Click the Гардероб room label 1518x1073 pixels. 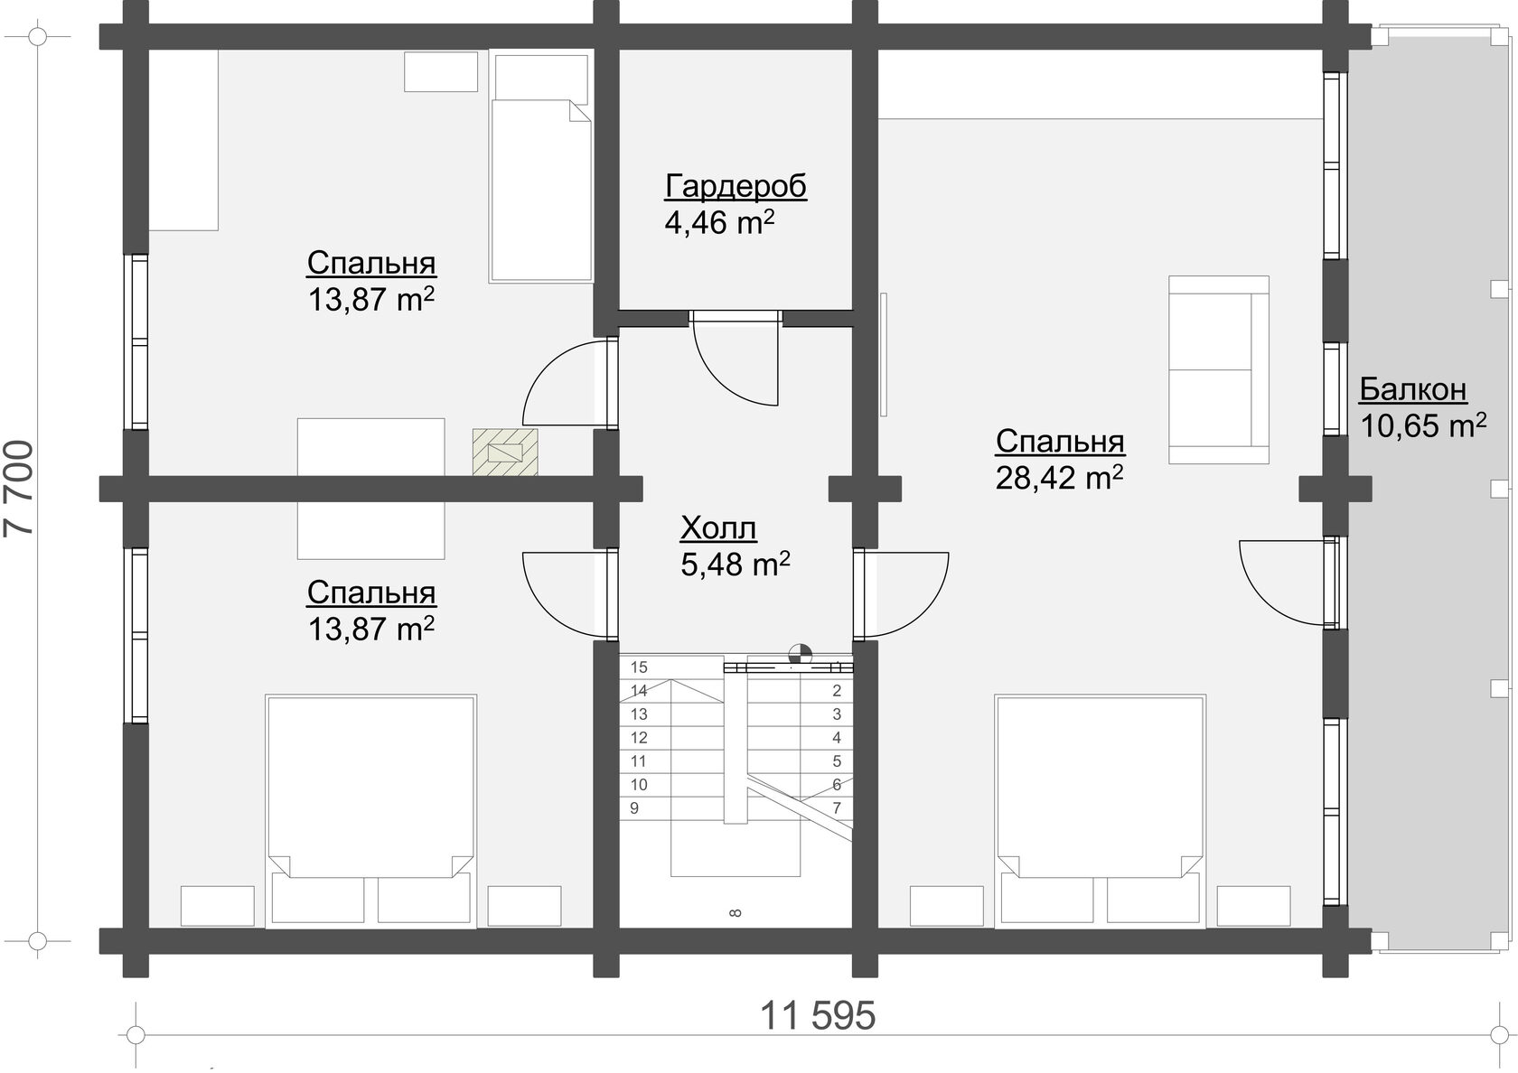click(x=736, y=186)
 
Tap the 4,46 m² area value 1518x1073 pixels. click(x=719, y=222)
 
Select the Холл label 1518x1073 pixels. click(x=718, y=528)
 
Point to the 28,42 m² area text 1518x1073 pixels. click(x=1059, y=478)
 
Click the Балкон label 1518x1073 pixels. click(x=1413, y=389)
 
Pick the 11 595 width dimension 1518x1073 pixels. click(x=818, y=1016)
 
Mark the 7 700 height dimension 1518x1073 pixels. click(x=18, y=490)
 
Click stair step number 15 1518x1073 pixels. click(x=639, y=667)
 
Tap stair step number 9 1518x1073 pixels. click(x=634, y=808)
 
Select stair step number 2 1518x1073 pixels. click(x=837, y=690)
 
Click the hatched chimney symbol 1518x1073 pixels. click(x=505, y=452)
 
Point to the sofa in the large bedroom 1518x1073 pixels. click(x=1218, y=370)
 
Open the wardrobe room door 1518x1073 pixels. click(x=736, y=359)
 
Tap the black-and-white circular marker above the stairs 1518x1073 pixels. click(x=800, y=654)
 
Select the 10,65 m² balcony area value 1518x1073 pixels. click(x=1423, y=426)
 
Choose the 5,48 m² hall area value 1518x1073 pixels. click(x=736, y=564)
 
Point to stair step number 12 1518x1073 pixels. click(x=639, y=738)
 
